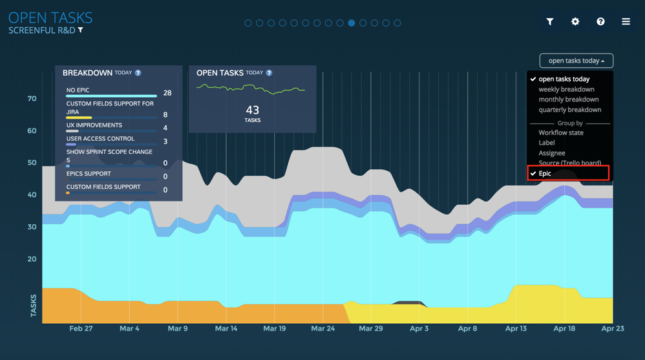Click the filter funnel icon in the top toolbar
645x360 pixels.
(x=550, y=21)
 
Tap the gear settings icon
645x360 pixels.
(x=575, y=21)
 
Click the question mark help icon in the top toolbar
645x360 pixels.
(x=600, y=21)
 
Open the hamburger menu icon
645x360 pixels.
(x=626, y=21)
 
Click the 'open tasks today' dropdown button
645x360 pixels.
(x=576, y=61)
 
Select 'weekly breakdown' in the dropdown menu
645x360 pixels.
(x=566, y=89)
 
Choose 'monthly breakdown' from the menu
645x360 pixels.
(x=568, y=100)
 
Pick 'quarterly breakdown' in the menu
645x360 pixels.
(x=569, y=110)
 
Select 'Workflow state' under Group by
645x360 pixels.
(x=561, y=132)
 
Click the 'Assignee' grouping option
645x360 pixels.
(x=552, y=153)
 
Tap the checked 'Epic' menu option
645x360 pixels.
(x=545, y=173)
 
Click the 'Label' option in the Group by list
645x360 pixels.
(x=547, y=143)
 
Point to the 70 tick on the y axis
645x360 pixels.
(x=32, y=99)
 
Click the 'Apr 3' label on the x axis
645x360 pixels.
(x=419, y=328)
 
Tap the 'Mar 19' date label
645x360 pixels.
(x=274, y=328)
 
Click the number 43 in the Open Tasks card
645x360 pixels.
(x=253, y=111)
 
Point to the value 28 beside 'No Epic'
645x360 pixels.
(x=167, y=93)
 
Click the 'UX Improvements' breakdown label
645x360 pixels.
(x=94, y=125)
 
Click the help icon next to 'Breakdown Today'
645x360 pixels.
(x=138, y=73)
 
